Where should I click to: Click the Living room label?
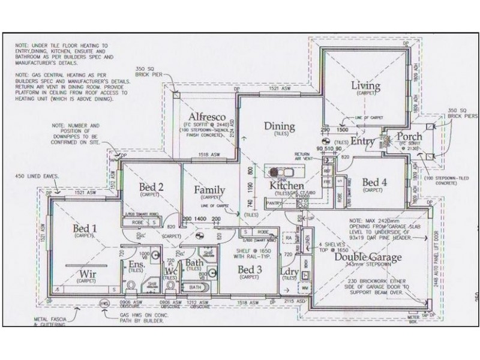pos(365,86)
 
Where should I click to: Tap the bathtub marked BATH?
pos(195,289)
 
